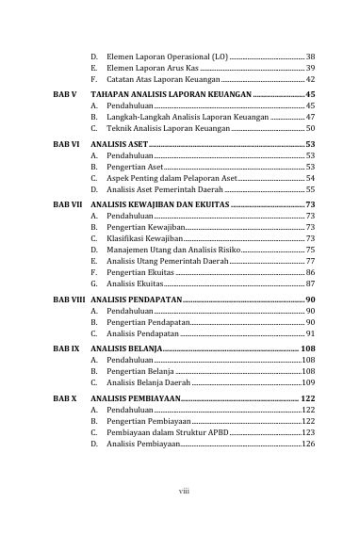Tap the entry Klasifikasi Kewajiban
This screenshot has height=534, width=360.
click(x=144, y=239)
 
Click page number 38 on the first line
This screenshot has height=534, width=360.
click(x=310, y=57)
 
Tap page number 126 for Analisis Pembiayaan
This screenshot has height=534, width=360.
click(x=307, y=444)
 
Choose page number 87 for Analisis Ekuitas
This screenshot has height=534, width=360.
click(x=310, y=283)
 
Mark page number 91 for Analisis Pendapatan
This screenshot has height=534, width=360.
click(x=310, y=333)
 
